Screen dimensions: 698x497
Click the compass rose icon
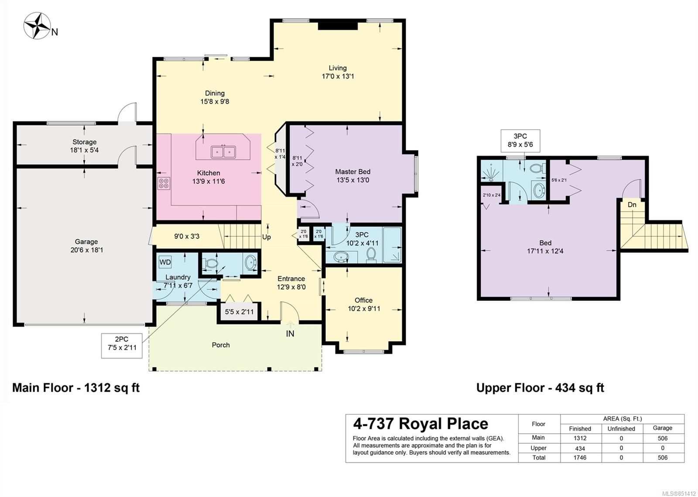(38, 26)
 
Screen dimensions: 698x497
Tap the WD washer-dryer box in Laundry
(165, 262)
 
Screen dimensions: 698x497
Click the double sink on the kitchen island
(223, 152)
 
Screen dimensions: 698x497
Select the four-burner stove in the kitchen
(164, 183)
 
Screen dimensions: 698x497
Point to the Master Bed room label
(353, 172)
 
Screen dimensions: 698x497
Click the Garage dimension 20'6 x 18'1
(86, 250)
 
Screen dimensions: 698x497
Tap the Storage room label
(85, 142)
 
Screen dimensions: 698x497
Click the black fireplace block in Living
(338, 25)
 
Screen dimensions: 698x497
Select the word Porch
(221, 345)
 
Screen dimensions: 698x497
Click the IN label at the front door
(290, 334)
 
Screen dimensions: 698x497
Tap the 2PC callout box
(122, 345)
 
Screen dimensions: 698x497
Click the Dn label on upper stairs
(632, 205)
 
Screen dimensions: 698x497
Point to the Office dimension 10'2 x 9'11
(364, 309)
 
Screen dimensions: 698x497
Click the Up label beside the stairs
(267, 237)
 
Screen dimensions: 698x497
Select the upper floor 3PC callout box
(520, 141)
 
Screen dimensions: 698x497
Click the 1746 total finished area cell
(580, 457)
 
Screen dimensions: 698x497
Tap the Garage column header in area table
(663, 428)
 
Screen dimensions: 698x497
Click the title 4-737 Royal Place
(421, 424)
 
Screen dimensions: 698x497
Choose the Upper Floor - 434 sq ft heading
(541, 388)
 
